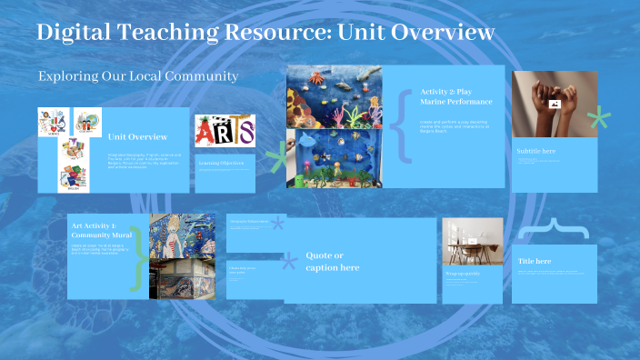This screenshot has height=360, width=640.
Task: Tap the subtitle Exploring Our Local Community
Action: [138, 76]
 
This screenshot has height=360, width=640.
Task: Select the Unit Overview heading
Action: [137, 137]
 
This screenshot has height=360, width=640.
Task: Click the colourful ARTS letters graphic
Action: [225, 131]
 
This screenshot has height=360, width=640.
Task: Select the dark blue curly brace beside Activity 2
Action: [401, 127]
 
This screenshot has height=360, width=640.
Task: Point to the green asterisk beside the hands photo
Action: [597, 118]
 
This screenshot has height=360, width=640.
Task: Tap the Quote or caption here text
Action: [333, 261]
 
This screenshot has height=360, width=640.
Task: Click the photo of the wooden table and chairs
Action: [473, 242]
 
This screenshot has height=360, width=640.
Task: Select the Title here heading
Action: [535, 261]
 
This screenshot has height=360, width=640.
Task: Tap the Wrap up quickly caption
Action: [464, 274]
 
